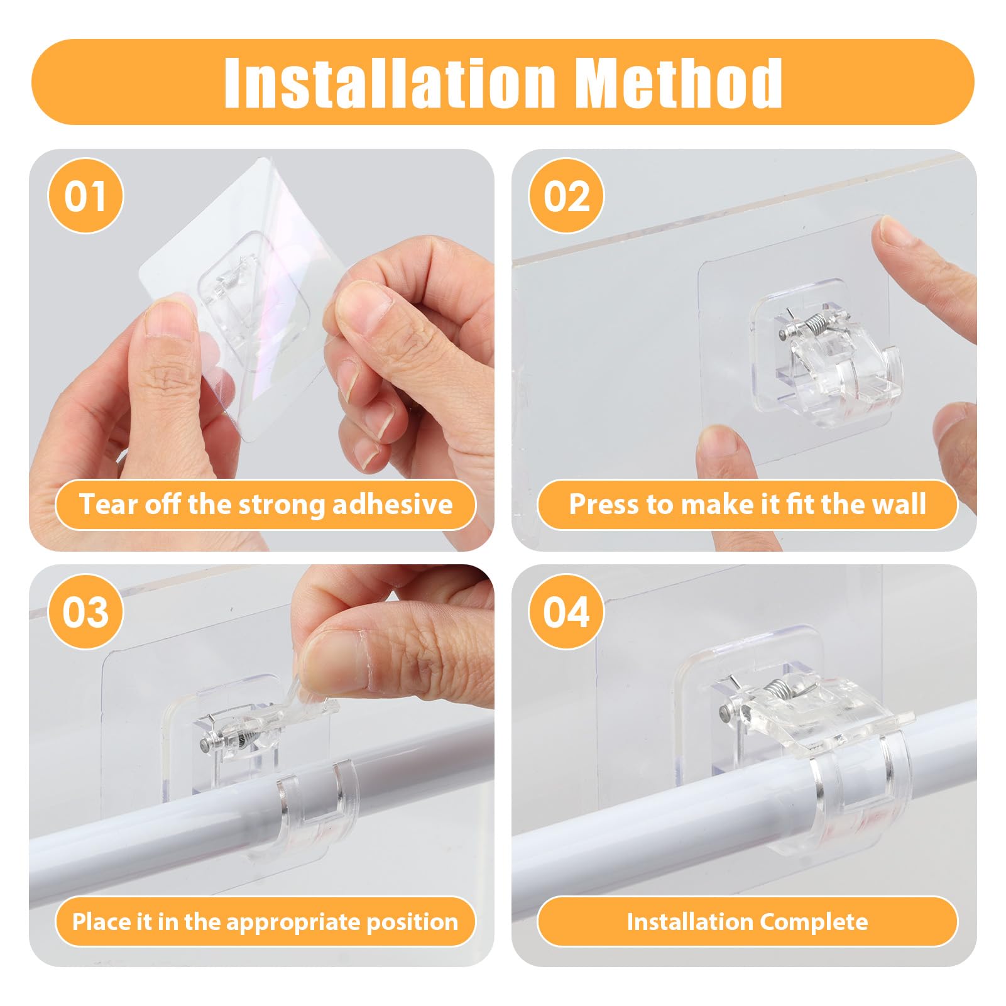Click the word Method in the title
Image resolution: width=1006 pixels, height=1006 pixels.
click(679, 82)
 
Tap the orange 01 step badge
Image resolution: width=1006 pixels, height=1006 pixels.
click(85, 196)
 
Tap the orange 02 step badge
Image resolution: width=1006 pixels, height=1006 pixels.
click(566, 196)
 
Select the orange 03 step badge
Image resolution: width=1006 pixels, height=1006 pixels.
click(85, 612)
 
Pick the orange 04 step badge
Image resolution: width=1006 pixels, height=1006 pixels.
click(566, 612)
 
